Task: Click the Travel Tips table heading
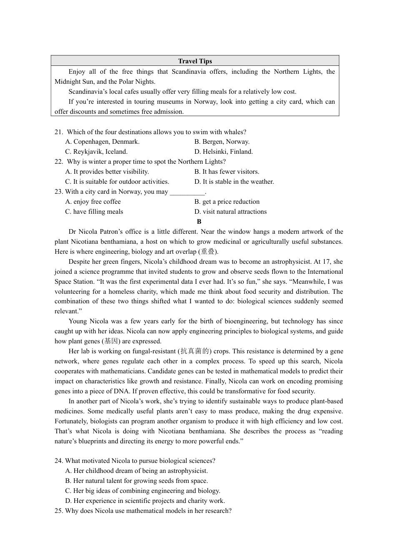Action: [x=195, y=61]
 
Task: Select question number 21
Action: [x=59, y=132]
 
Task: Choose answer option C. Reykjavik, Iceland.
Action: [x=96, y=152]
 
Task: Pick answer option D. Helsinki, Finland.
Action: [x=223, y=152]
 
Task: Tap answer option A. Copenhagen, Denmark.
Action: [x=102, y=142]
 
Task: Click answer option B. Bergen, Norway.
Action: [x=222, y=142]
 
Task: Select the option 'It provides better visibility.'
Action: [x=107, y=172]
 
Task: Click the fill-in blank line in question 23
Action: [x=187, y=192]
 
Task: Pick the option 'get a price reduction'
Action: [x=227, y=202]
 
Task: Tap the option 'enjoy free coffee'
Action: [x=93, y=202]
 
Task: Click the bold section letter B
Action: [x=199, y=222]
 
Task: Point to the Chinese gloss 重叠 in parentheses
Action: [x=208, y=252]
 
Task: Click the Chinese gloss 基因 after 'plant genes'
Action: [x=111, y=341]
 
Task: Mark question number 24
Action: [x=59, y=461]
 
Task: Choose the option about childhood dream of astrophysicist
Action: [x=136, y=471]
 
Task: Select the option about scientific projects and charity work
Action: [x=145, y=501]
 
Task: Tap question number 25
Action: [x=59, y=511]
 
